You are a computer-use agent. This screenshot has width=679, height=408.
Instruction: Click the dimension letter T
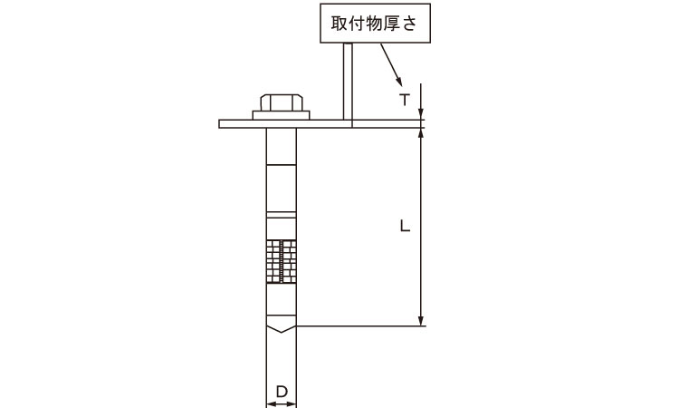pyautogui.click(x=405, y=100)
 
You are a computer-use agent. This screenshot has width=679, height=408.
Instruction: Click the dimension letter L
pyautogui.click(x=405, y=226)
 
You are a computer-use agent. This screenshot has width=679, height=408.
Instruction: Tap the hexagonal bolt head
pyautogui.click(x=281, y=102)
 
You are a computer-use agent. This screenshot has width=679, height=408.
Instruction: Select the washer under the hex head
pyautogui.click(x=281, y=115)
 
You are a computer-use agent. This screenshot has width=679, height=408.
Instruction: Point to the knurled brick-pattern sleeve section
pyautogui.click(x=281, y=261)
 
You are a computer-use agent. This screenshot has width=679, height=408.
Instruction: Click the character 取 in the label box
pyautogui.click(x=339, y=24)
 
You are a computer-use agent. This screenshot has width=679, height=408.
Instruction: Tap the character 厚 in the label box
pyautogui.click(x=392, y=24)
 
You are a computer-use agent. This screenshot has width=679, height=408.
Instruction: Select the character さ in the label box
pyautogui.click(x=409, y=24)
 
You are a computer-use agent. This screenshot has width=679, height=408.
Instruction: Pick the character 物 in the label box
pyautogui.click(x=375, y=24)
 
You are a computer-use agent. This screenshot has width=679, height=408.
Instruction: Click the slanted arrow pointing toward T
pyautogui.click(x=391, y=64)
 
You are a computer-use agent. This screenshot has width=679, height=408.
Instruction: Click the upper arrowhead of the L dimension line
pyautogui.click(x=420, y=133)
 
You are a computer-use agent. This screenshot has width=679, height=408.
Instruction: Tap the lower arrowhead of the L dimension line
pyautogui.click(x=420, y=320)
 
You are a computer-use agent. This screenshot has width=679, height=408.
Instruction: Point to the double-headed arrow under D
pyautogui.click(x=281, y=404)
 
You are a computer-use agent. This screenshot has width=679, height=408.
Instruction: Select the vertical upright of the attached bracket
pyautogui.click(x=348, y=81)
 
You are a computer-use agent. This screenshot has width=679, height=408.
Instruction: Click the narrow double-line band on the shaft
pyautogui.click(x=281, y=215)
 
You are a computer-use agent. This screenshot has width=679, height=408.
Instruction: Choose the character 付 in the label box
pyautogui.click(x=358, y=24)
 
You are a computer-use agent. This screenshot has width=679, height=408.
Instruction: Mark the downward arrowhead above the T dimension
pyautogui.click(x=420, y=114)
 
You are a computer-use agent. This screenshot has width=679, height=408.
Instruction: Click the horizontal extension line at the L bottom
pyautogui.click(x=361, y=325)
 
